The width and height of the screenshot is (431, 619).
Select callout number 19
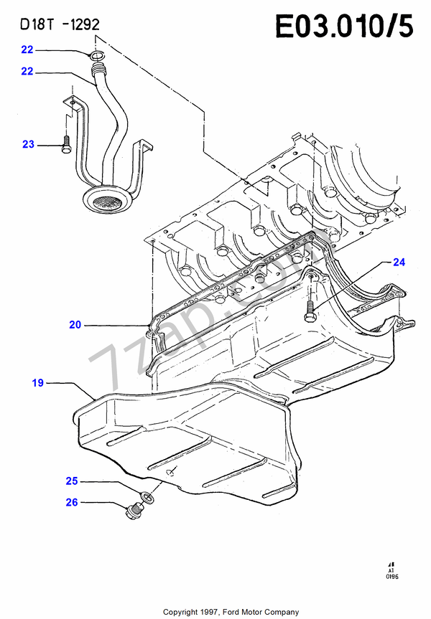pyautogui.click(x=37, y=384)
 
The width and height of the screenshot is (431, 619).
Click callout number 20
pyautogui.click(x=75, y=325)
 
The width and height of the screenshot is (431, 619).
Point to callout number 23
pyautogui.click(x=28, y=144)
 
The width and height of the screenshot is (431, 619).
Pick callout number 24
pyautogui.click(x=399, y=263)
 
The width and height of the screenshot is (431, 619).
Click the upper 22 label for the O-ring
pyautogui.click(x=27, y=50)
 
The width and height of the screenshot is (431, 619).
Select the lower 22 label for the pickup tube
pyautogui.click(x=27, y=72)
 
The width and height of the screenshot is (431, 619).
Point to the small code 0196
pyautogui.click(x=391, y=575)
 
